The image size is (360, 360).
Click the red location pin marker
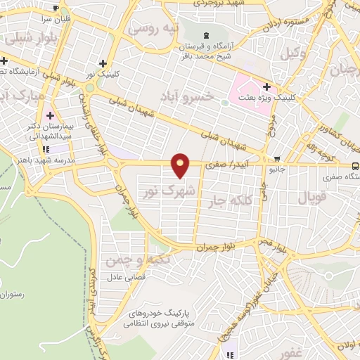point(181,165)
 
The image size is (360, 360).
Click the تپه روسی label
point(158,30)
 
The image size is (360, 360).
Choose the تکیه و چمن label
point(127,261)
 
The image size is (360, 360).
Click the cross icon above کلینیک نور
point(103,63)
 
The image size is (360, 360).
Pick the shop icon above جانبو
point(278,158)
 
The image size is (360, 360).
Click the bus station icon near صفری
point(355,167)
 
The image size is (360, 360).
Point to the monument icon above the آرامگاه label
point(205,36)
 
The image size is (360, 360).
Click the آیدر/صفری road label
point(226,165)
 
